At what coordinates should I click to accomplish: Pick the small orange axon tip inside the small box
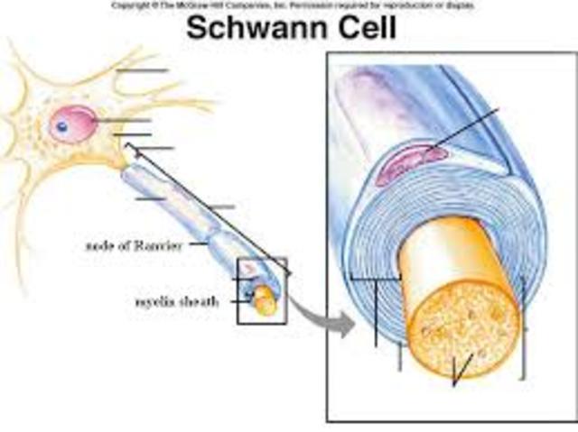(266, 302)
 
